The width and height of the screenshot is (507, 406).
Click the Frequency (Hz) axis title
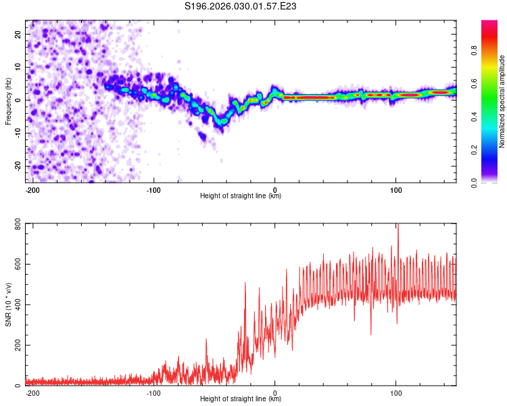click(8, 101)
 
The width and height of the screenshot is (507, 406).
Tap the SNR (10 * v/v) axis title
click(8, 304)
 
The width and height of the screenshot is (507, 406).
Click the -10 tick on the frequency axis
click(17, 133)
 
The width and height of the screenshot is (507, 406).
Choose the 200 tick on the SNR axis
click(17, 345)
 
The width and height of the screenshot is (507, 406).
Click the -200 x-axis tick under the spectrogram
click(32, 189)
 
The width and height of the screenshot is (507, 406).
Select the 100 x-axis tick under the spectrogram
click(395, 189)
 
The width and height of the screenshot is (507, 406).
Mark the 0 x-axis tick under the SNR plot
click(274, 392)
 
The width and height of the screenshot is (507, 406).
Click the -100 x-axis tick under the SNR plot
click(153, 392)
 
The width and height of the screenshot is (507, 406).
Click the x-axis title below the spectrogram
click(241, 196)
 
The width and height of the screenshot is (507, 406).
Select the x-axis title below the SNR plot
click(241, 399)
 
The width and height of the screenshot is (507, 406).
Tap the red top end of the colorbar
click(489, 24)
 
